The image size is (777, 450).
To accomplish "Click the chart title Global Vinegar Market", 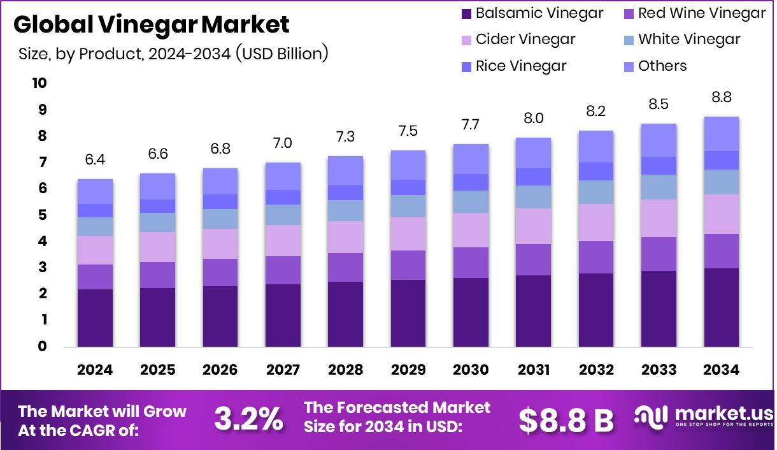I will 152,24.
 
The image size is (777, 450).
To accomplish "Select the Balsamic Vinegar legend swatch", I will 465,13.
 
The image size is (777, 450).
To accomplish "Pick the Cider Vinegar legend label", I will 525,40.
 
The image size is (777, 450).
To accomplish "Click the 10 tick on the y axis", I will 39,83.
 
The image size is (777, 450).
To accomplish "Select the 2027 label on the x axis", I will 283,370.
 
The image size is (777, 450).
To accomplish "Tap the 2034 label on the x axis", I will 722,370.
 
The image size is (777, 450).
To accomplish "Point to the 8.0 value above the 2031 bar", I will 534,119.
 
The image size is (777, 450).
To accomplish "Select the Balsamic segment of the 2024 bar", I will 95,317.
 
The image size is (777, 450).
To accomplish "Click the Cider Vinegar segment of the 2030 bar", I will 471,230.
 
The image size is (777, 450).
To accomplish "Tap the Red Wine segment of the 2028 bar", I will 345,267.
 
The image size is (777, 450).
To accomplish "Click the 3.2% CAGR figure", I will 249,419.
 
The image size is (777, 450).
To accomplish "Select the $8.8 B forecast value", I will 566,420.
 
